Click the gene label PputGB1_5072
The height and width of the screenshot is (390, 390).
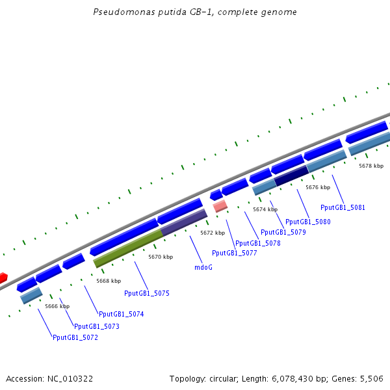click(x=75, y=337)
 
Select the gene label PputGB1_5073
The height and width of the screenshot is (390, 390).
click(x=97, y=326)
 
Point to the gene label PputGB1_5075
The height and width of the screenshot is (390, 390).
click(x=147, y=294)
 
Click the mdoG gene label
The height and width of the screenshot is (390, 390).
click(x=203, y=267)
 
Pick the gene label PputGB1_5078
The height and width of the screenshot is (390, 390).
click(x=258, y=243)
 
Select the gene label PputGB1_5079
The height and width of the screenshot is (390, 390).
click(x=283, y=232)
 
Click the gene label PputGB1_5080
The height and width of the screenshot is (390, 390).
click(x=308, y=222)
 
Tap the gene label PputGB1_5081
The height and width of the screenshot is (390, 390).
click(x=343, y=208)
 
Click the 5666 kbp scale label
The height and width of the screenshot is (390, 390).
click(x=57, y=306)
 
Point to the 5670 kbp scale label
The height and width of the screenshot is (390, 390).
click(x=161, y=257)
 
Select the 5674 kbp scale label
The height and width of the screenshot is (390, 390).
click(x=265, y=209)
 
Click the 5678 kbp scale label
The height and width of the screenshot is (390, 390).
click(x=371, y=166)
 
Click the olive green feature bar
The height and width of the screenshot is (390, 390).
click(x=128, y=248)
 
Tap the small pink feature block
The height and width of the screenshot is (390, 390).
click(x=220, y=206)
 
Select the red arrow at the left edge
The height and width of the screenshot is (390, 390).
click(x=3, y=278)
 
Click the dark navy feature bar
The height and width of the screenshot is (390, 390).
click(x=291, y=175)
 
